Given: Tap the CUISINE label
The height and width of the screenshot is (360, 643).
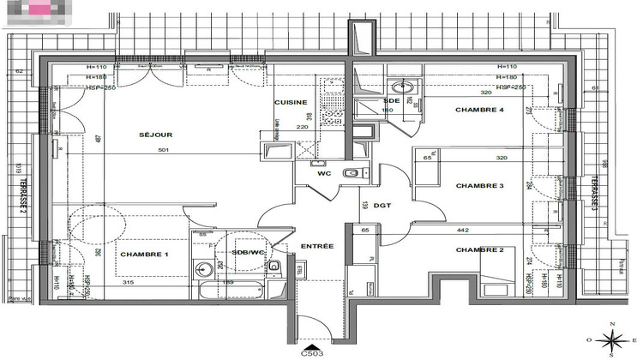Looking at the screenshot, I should click(x=290, y=102).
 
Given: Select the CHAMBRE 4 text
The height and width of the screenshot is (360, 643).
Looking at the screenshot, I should click(x=479, y=110).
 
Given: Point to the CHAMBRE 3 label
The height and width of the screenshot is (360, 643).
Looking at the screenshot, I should click(x=479, y=186).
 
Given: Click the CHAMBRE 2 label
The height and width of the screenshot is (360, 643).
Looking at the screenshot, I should click(x=479, y=250).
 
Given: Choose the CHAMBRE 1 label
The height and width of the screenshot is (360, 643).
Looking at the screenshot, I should click(x=144, y=255).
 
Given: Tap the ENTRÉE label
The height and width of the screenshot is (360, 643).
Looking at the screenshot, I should click(x=316, y=247).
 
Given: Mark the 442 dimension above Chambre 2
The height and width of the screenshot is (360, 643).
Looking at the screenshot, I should click(x=462, y=231).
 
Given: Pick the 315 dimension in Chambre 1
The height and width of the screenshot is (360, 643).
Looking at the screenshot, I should click(x=129, y=282).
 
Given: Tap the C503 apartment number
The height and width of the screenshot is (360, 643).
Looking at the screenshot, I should click(x=312, y=351).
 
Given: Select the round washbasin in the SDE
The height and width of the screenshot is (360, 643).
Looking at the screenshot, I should click(x=401, y=87).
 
